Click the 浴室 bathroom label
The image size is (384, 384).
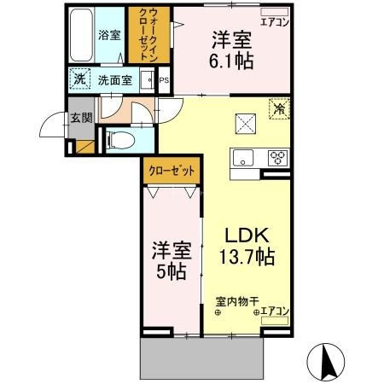[108, 37]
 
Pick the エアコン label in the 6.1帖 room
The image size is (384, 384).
[273, 22]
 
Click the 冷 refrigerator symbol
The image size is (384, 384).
[279, 109]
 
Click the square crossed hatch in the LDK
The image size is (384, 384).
[247, 125]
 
